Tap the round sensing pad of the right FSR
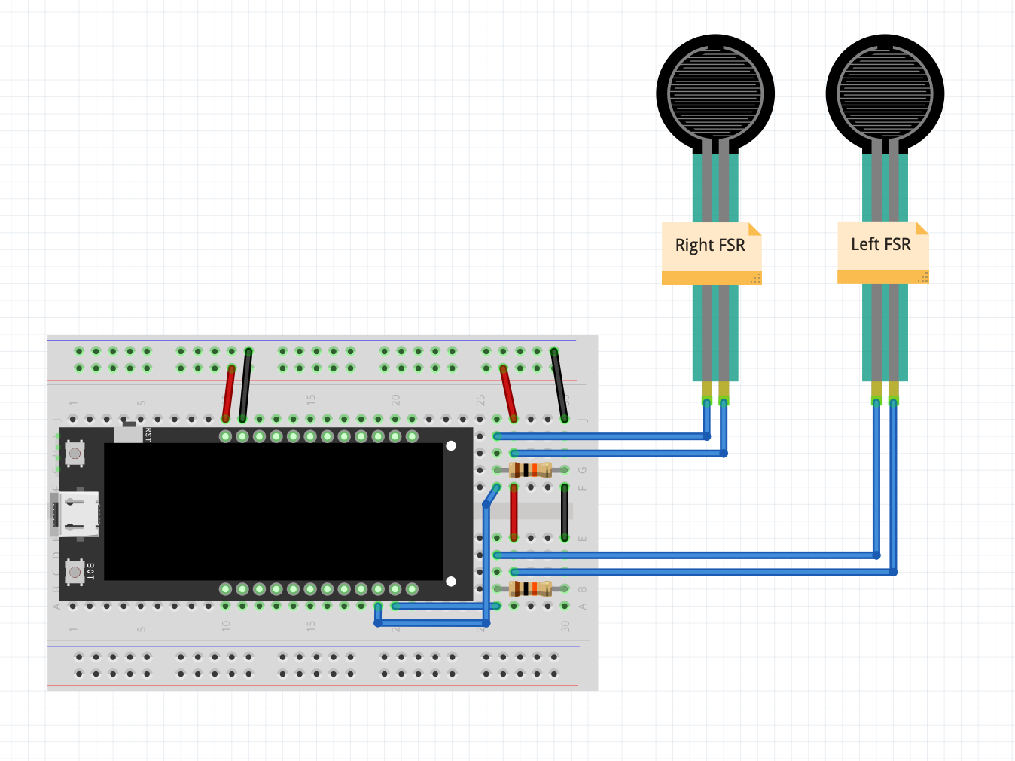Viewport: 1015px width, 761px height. coord(715,93)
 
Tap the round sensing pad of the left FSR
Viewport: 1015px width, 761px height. coord(885,93)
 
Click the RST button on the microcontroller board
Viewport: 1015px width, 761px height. coord(75,453)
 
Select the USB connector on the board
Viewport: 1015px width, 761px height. coord(75,514)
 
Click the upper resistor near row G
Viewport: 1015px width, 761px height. coord(531,470)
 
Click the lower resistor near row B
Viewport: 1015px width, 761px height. coord(531,588)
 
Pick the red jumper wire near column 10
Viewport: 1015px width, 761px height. coord(228,393)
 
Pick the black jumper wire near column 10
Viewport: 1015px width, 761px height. coord(245,384)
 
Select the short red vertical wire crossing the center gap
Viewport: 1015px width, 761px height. coord(514,512)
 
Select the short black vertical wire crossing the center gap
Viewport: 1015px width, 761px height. coord(565,512)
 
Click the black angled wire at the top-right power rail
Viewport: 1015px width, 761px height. coord(559,384)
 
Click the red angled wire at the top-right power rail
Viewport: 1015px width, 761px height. coord(508,393)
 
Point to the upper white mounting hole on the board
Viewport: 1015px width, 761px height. coord(451,446)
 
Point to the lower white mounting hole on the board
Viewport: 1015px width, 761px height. coord(451,581)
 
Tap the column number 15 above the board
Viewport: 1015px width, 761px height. coord(311,399)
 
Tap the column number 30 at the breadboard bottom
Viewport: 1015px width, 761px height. coord(565,626)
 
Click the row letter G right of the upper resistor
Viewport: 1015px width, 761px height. coord(582,470)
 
